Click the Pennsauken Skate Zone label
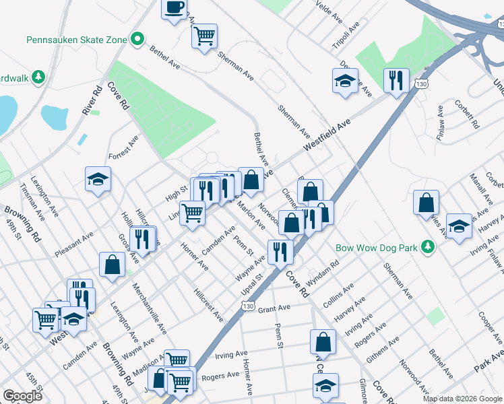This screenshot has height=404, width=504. (76, 40)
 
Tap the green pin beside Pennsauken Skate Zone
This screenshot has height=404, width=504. (137, 39)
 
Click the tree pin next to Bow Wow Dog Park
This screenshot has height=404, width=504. (426, 246)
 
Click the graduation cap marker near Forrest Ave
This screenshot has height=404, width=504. (98, 179)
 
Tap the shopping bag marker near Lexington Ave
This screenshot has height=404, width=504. (112, 264)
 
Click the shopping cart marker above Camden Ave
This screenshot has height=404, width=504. (193, 213)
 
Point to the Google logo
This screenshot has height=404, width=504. (22, 395)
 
